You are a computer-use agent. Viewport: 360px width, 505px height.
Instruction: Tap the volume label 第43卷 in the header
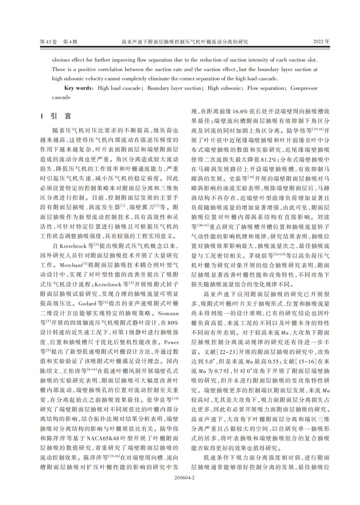click(x=48, y=42)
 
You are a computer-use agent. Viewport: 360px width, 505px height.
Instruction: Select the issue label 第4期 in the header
click(x=70, y=42)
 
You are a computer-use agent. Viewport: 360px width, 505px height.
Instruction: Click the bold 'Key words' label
click(x=78, y=88)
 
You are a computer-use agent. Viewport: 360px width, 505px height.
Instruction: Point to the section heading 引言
click(x=61, y=116)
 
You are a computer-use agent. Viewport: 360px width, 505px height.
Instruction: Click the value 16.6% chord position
click(x=243, y=112)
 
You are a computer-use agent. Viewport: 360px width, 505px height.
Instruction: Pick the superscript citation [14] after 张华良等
click(x=175, y=398)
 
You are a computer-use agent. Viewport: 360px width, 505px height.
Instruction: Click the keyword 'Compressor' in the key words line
click(x=304, y=88)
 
